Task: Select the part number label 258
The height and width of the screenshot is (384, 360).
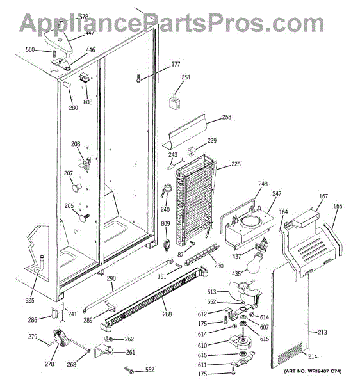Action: pyautogui.click(x=226, y=117)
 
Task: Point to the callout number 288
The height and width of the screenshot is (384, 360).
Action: pyautogui.click(x=167, y=314)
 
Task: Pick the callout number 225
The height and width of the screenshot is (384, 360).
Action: pyautogui.click(x=29, y=300)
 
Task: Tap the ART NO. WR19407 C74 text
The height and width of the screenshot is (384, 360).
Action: pyautogui.click(x=313, y=371)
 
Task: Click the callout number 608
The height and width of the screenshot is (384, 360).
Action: pyautogui.click(x=88, y=102)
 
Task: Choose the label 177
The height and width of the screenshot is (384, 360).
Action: pyautogui.click(x=176, y=64)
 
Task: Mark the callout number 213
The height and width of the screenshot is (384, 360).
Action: pyautogui.click(x=322, y=332)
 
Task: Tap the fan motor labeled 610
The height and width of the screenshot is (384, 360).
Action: pyautogui.click(x=240, y=341)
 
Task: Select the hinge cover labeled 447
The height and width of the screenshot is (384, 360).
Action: pyautogui.click(x=58, y=42)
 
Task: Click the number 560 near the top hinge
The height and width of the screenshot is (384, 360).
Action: pyautogui.click(x=30, y=49)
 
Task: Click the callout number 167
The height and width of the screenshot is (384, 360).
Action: pyautogui.click(x=323, y=196)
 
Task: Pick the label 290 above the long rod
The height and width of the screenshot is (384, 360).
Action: pyautogui.click(x=111, y=278)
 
